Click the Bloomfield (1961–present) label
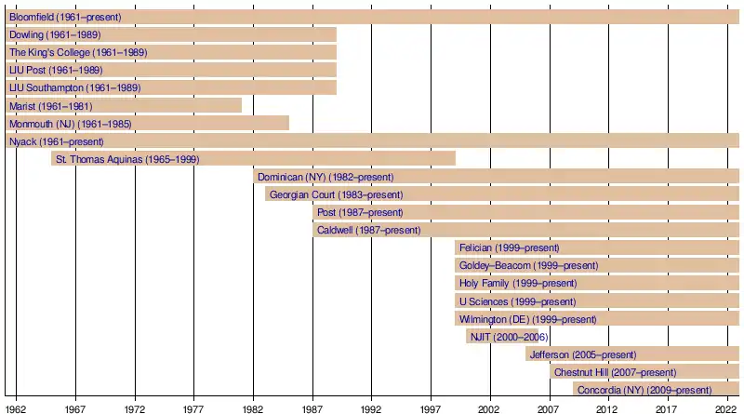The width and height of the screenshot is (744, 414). (x=65, y=18)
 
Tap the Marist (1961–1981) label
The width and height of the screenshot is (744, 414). (x=56, y=106)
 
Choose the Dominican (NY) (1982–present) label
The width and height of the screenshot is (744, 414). (x=325, y=177)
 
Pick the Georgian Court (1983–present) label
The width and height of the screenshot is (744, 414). (x=337, y=194)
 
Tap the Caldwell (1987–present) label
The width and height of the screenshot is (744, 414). (x=368, y=230)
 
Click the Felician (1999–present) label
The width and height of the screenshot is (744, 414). (x=509, y=247)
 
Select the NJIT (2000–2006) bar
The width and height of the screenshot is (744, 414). (x=507, y=337)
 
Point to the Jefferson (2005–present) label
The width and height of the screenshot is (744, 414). (x=582, y=354)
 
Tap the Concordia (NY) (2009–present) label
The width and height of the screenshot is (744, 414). (x=644, y=390)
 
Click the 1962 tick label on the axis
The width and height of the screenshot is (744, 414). (x=16, y=407)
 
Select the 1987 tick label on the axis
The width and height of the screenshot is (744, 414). (x=312, y=407)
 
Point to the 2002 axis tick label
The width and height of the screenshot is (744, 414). (x=490, y=407)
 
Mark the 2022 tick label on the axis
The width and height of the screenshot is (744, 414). (x=727, y=407)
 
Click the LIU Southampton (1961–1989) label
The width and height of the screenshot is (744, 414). (x=74, y=88)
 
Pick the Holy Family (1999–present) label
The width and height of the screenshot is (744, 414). (x=518, y=283)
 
